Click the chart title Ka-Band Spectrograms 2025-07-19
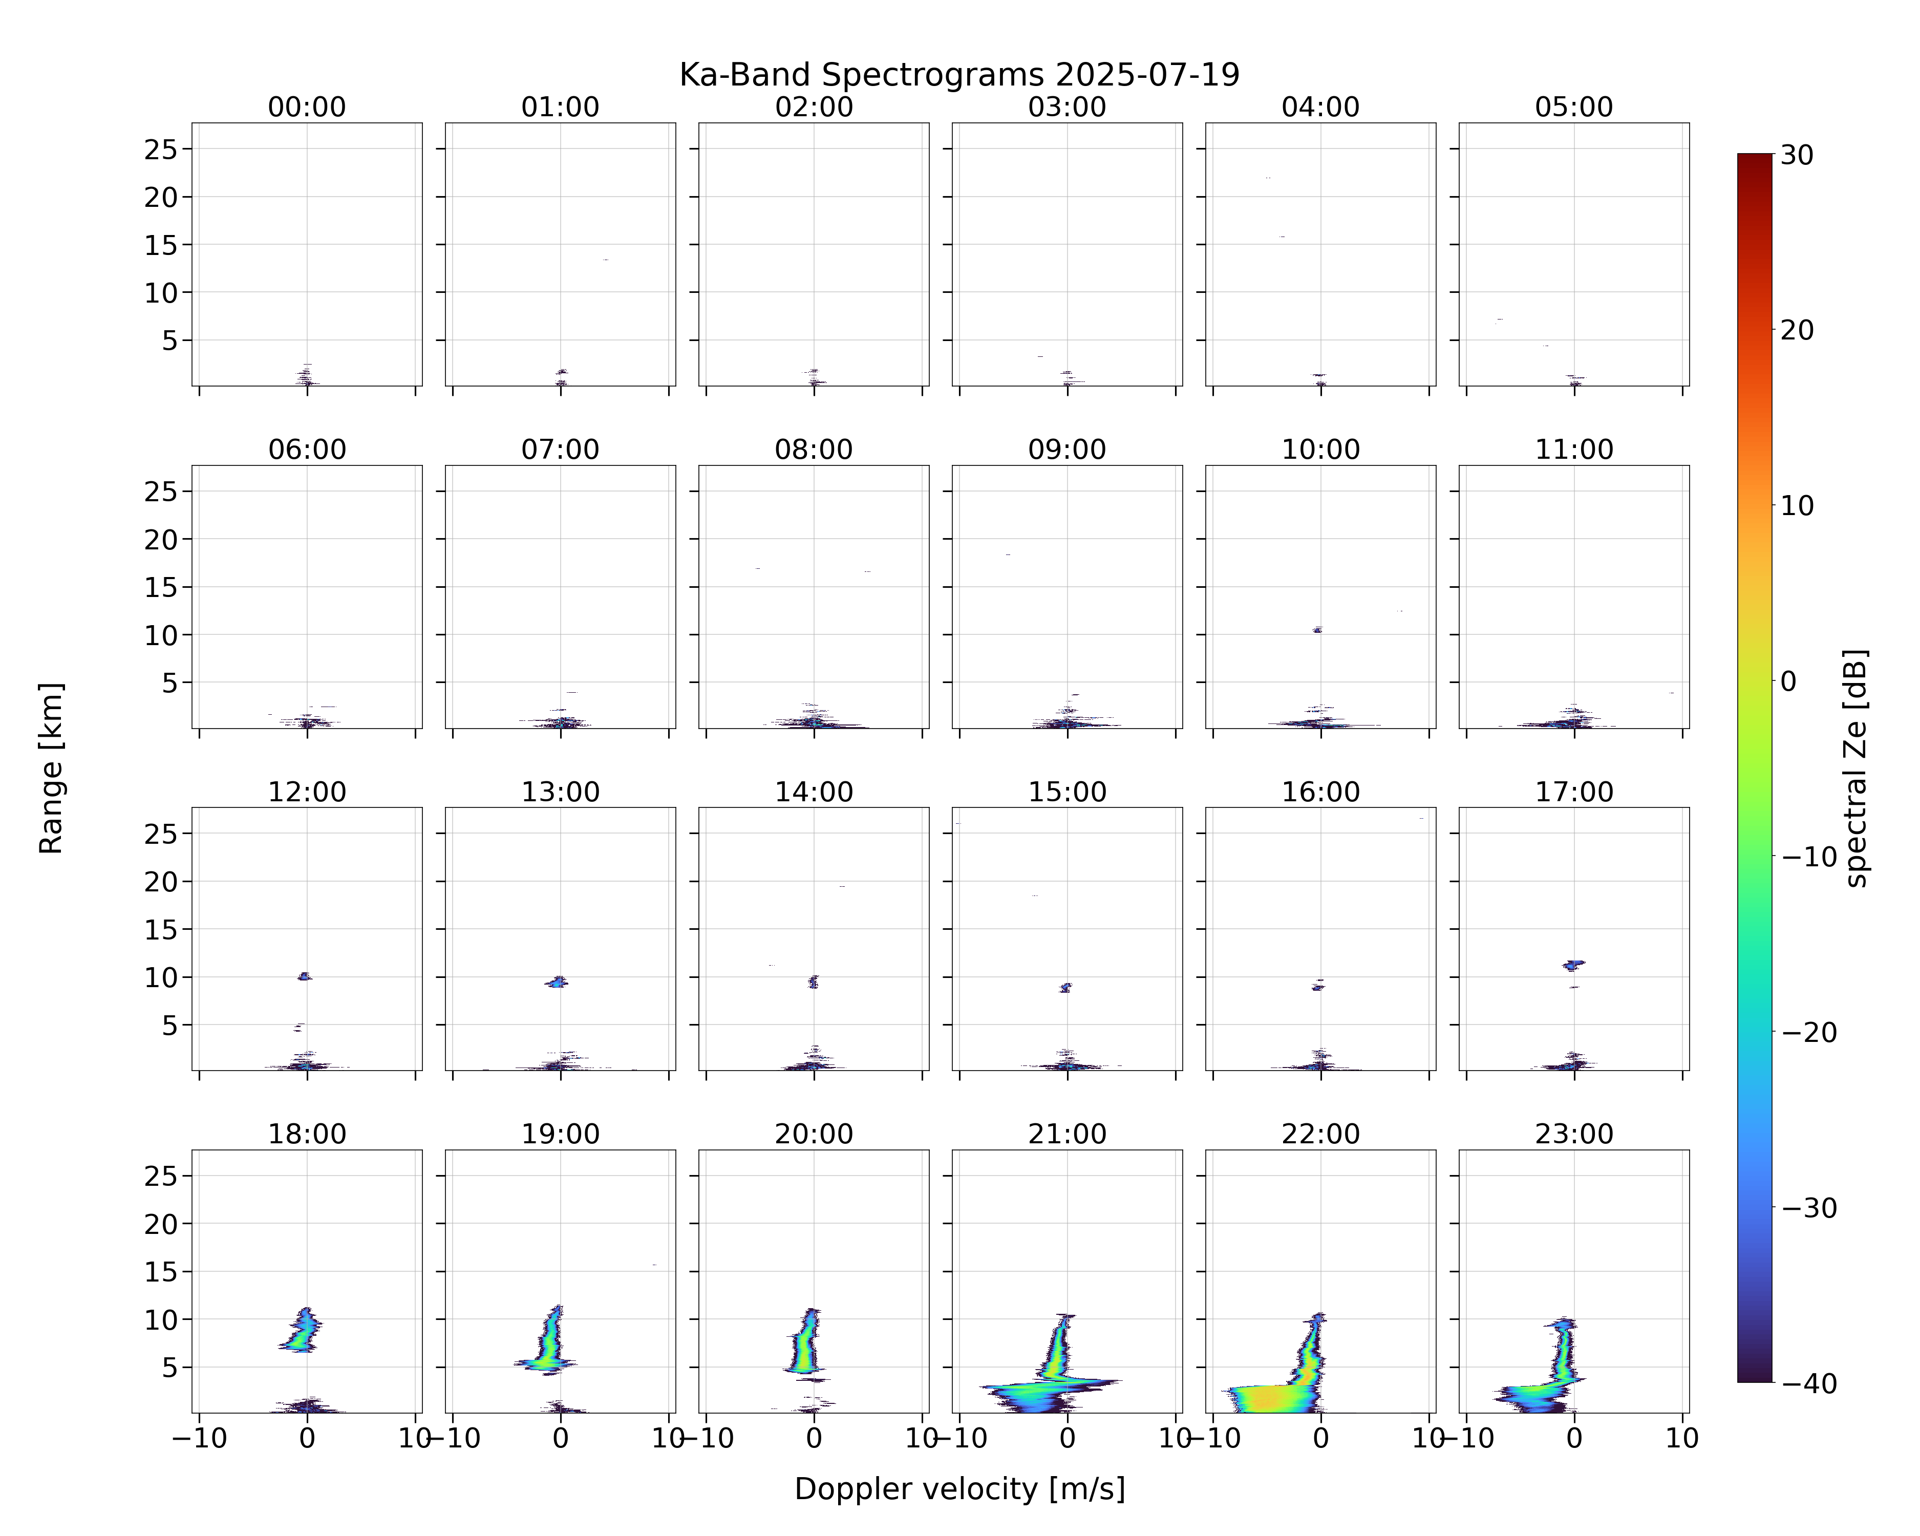(x=959, y=75)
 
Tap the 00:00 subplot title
(x=307, y=107)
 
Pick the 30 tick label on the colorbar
(x=1797, y=155)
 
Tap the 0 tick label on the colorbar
(x=1789, y=681)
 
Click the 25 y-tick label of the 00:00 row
(x=161, y=150)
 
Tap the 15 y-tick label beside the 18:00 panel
(x=161, y=1271)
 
